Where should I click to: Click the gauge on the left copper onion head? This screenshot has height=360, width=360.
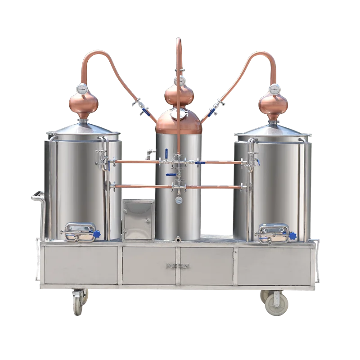click(82, 89)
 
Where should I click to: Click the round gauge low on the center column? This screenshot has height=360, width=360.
click(179, 198)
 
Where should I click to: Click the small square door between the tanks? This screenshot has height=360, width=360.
click(137, 220)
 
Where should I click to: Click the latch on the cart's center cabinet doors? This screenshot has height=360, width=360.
click(178, 266)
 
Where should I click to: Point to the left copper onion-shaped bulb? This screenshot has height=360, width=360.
click(84, 102)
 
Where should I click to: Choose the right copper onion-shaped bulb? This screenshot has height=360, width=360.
click(273, 102)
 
